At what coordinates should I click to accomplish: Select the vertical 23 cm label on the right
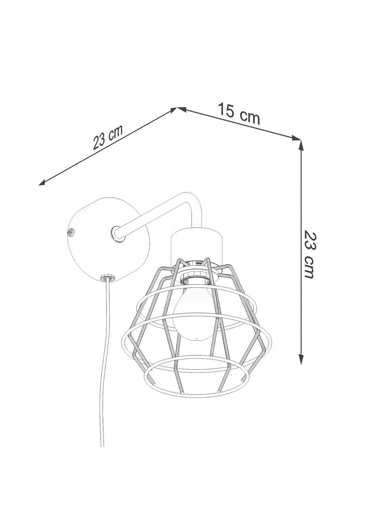coord(309,254)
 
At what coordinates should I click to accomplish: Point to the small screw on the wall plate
coord(70,232)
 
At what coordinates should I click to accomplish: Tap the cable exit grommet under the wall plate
coord(107,277)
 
